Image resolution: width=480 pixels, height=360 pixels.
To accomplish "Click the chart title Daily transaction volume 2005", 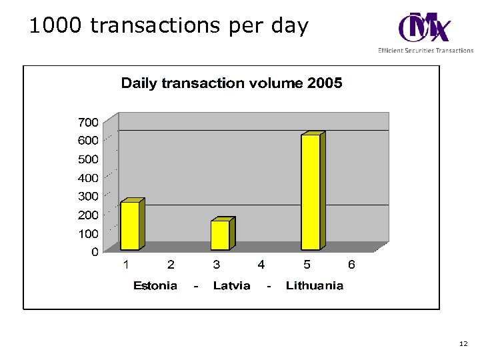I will pos(231,83).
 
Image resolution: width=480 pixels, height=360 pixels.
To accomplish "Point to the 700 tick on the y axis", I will pos(89,123).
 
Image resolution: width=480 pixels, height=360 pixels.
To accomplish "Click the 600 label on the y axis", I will pos(89,141).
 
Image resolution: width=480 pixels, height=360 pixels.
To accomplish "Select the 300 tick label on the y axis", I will pos(89,197).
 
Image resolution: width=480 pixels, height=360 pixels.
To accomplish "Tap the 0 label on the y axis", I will pos(95,252).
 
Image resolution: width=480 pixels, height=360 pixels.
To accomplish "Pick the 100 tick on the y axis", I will pos(89,234).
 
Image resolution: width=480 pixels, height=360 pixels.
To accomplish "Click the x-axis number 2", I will pos(171,265).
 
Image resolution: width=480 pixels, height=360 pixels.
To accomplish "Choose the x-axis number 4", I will pos(261,265).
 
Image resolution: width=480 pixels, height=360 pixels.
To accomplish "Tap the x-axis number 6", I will pos(351,265).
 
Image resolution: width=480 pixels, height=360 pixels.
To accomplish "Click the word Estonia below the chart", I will pos(155,286).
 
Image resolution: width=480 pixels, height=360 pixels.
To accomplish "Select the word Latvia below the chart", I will pos(231,286).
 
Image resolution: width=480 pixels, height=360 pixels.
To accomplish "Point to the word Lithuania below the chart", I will pos(315,286).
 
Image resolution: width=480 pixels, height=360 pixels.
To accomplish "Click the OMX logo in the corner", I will pos(425,28).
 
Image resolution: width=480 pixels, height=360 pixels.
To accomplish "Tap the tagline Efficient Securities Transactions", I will pos(425,51).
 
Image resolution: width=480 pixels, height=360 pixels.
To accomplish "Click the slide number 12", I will pos(463,344).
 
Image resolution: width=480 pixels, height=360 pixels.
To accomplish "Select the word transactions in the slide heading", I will pos(157,26).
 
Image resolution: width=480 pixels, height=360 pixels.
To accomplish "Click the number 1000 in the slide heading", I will pos(56,26).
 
